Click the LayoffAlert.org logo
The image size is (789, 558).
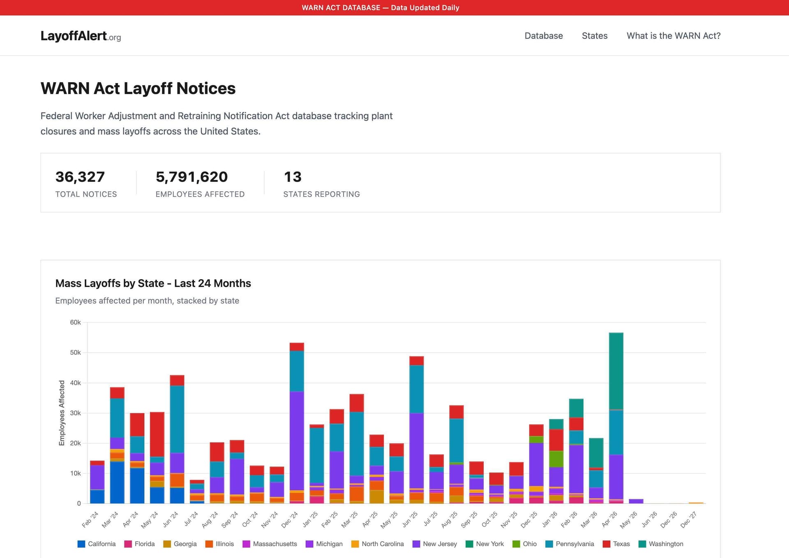pyautogui.click(x=81, y=36)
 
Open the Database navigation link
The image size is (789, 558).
pyautogui.click(x=543, y=36)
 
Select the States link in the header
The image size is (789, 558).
pyautogui.click(x=594, y=36)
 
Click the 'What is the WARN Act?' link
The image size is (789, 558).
pyautogui.click(x=673, y=36)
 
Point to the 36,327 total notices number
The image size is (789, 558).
pyautogui.click(x=80, y=177)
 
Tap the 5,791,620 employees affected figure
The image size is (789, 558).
pyautogui.click(x=191, y=177)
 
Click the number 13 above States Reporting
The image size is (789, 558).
pyautogui.click(x=293, y=177)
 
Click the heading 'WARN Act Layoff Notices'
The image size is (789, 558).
pyautogui.click(x=138, y=88)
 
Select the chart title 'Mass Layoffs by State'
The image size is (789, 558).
pyautogui.click(x=153, y=283)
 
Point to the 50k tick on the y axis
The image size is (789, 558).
pyautogui.click(x=75, y=352)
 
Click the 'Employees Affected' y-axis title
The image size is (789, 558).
pyautogui.click(x=62, y=412)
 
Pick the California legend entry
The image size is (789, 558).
pyautogui.click(x=97, y=544)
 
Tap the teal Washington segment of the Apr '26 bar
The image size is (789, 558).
pyautogui.click(x=616, y=370)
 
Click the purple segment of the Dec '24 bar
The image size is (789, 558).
pyautogui.click(x=297, y=440)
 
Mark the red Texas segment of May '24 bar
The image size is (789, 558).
pyautogui.click(x=157, y=434)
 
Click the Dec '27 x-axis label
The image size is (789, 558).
pyautogui.click(x=689, y=519)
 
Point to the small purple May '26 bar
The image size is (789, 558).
pyautogui.click(x=636, y=501)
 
